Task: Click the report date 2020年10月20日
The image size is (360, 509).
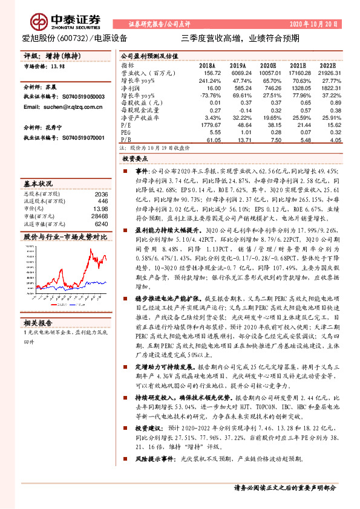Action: pos(330,24)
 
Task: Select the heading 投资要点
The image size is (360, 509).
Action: pos(136,158)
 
